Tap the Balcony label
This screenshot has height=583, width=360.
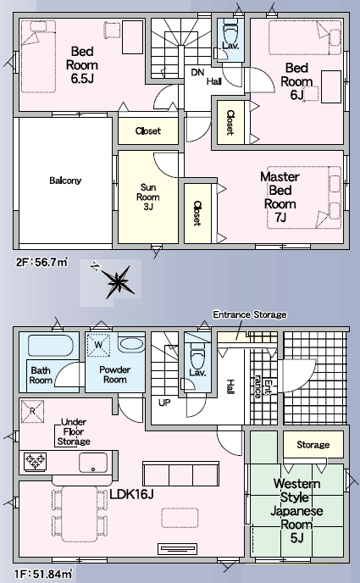(65, 180)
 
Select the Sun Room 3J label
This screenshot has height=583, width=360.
(148, 197)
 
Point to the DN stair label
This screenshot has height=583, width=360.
(197, 72)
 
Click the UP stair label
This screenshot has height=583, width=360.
(164, 403)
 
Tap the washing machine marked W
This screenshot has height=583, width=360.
(98, 345)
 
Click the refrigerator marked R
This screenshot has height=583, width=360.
(32, 411)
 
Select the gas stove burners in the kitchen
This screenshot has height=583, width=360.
(36, 462)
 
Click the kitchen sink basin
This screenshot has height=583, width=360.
(93, 462)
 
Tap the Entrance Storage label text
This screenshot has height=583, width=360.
(250, 315)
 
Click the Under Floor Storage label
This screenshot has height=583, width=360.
(74, 432)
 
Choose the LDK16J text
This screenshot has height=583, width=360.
(131, 494)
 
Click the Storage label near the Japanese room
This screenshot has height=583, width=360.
(313, 445)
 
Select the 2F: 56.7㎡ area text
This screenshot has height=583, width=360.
(42, 262)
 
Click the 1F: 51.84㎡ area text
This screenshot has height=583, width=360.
(44, 574)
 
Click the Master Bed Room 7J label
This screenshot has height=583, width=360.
(280, 197)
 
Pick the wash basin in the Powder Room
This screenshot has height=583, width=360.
(131, 344)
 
